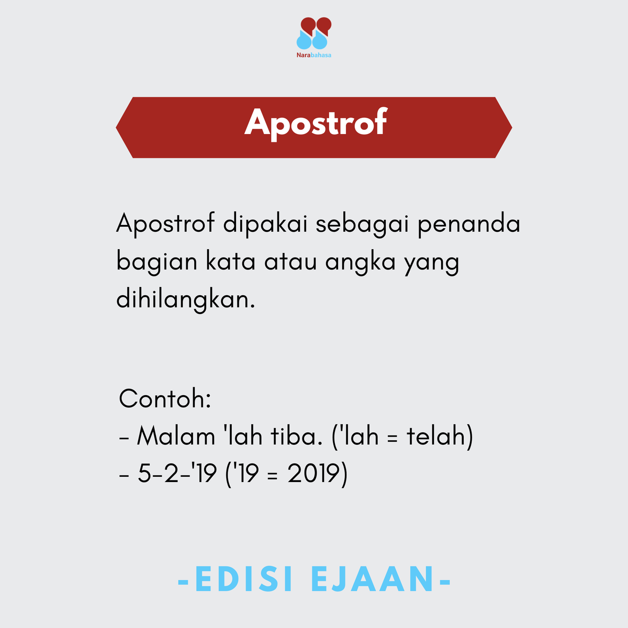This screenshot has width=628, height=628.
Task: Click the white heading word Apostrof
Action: pyautogui.click(x=316, y=123)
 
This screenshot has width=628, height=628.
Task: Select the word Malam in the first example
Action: pyautogui.click(x=176, y=436)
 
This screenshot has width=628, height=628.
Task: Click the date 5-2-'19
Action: pyautogui.click(x=177, y=474)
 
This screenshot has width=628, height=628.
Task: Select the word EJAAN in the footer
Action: pyautogui.click(x=373, y=580)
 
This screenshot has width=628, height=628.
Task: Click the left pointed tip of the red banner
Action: pyautogui.click(x=118, y=127)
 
